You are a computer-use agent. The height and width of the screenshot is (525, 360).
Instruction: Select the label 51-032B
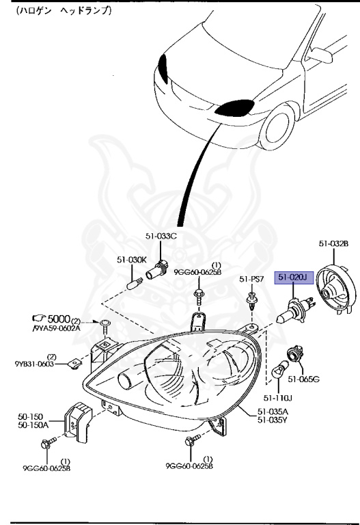(334, 243)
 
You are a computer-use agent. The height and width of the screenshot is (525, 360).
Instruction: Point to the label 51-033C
(161, 237)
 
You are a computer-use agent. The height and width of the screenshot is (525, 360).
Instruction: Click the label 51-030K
(131, 260)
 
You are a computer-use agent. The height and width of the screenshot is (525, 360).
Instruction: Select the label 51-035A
(274, 411)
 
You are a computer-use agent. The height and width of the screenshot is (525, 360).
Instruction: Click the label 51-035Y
(274, 420)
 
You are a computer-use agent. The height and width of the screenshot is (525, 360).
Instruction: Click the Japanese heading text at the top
(58, 12)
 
